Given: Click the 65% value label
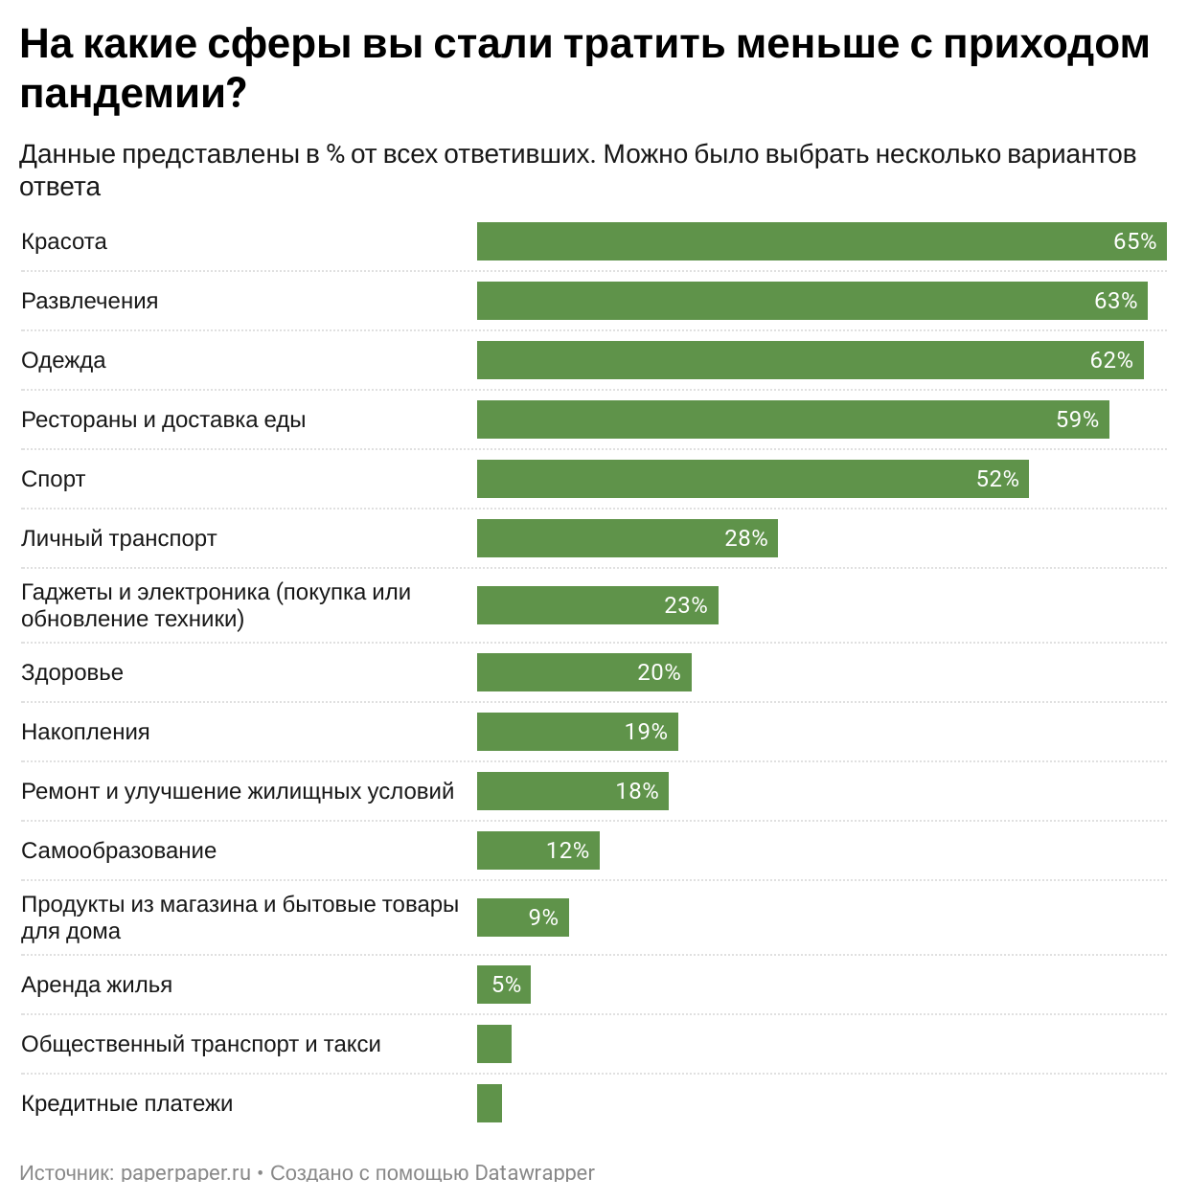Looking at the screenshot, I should pyautogui.click(x=1134, y=241).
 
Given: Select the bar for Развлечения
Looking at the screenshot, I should pyautogui.click(x=811, y=301).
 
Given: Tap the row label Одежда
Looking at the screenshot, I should pyautogui.click(x=63, y=360).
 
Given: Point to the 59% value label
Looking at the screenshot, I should pyautogui.click(x=1077, y=419).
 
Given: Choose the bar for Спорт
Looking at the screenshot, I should pyautogui.click(x=752, y=479).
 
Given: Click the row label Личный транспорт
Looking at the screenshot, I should pyautogui.click(x=119, y=538).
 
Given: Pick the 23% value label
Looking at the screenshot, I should pyautogui.click(x=685, y=605).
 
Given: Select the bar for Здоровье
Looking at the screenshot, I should pyautogui.click(x=583, y=672).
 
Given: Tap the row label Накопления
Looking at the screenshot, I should pyautogui.click(x=85, y=732).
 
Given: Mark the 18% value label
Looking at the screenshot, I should pyautogui.click(x=636, y=791).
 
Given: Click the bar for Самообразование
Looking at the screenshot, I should pyautogui.click(x=537, y=850).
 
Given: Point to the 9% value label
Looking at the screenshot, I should pyautogui.click(x=542, y=918).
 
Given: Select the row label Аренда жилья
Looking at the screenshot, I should pyautogui.click(x=97, y=985).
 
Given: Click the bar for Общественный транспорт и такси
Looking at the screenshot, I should pyautogui.click(x=493, y=1044).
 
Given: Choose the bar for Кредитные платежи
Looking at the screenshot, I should pyautogui.click(x=489, y=1103).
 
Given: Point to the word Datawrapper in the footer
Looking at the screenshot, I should pyautogui.click(x=535, y=1173).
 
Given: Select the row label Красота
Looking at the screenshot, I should pyautogui.click(x=64, y=241).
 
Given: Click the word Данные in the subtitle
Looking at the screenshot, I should pyautogui.click(x=65, y=154).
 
